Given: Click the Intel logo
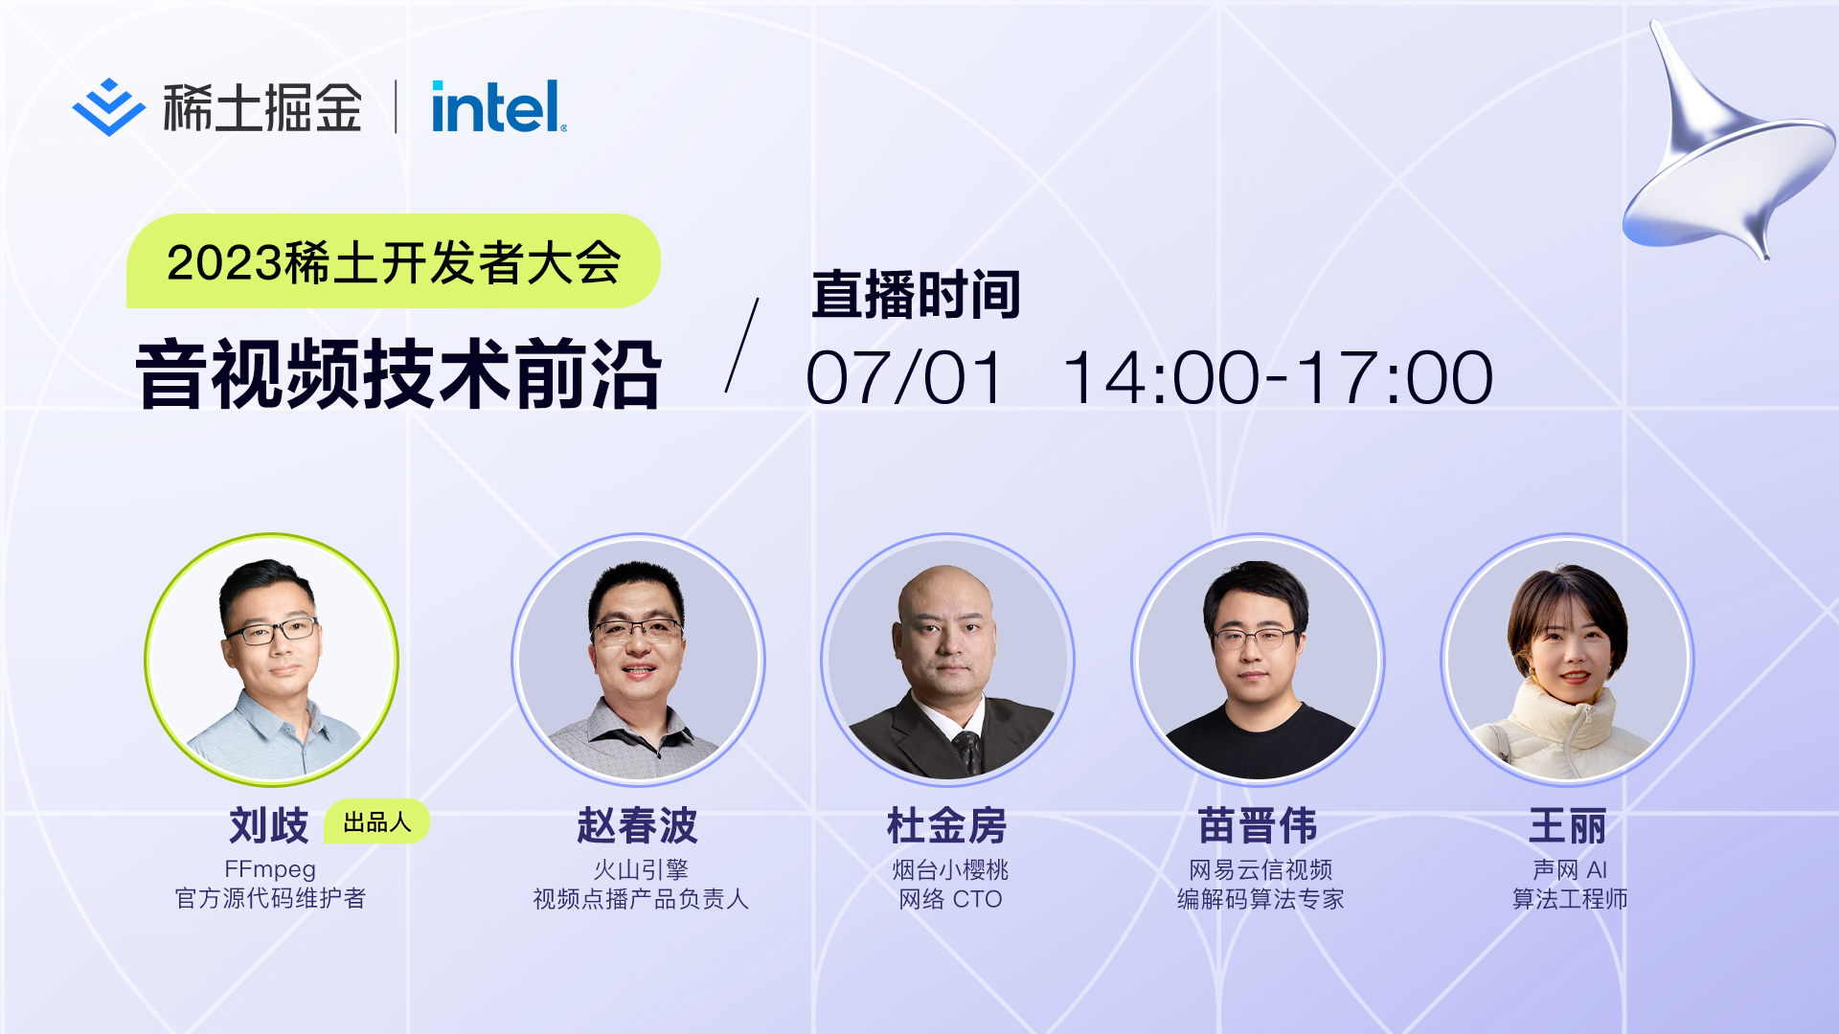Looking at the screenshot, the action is point(499,106).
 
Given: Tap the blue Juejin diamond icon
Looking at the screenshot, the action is point(108,107).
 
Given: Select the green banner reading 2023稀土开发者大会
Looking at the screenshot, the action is point(393,261).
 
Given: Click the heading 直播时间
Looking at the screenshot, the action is point(916,294).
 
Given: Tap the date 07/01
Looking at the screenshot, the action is point(905,377).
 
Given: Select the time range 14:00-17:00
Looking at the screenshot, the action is point(1278,377).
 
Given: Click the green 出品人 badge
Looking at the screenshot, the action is point(376,821).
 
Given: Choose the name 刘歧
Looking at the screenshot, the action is point(269,824).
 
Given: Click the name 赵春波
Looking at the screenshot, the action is point(638,824).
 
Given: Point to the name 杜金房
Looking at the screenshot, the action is point(947,824).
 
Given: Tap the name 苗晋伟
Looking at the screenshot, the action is point(1258,824).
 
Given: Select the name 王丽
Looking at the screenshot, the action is point(1568,824).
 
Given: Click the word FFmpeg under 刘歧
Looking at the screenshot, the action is point(270,869).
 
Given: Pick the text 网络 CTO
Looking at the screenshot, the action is point(950,899).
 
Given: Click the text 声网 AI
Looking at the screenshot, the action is point(1570,869).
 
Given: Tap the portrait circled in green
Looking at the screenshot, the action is point(271,660).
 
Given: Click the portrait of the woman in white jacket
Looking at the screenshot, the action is point(1568,660).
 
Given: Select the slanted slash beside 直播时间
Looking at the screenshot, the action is point(742,345).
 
